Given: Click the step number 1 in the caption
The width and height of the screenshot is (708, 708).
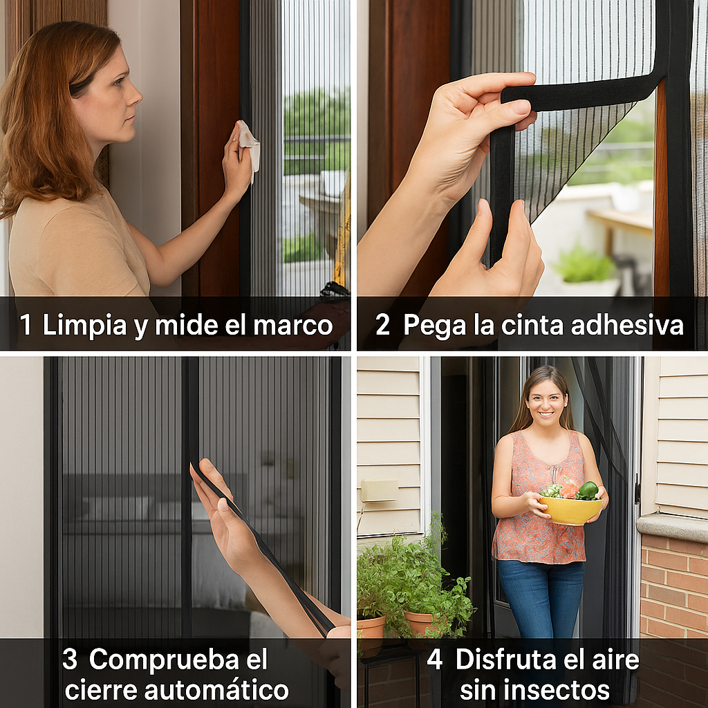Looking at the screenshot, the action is tap(26, 324).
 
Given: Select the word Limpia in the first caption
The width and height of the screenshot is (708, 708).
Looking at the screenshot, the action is tap(84, 326).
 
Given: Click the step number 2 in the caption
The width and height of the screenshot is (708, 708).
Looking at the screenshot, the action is tap(382, 325).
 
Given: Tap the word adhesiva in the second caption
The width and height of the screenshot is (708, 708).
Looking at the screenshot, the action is tap(627, 324).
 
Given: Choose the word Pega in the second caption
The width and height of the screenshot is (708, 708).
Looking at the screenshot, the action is tap(434, 326).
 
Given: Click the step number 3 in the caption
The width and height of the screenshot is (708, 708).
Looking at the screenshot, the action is tap(70, 659).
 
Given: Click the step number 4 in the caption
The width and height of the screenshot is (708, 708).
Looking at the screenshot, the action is tap(434, 659).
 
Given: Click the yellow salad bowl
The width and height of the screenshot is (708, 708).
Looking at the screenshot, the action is tap(570, 510).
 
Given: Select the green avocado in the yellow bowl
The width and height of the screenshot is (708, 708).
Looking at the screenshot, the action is tap(588, 490).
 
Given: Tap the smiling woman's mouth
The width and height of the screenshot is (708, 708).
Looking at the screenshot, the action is tap(546, 413).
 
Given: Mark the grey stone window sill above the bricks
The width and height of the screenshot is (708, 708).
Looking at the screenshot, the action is tap(672, 527).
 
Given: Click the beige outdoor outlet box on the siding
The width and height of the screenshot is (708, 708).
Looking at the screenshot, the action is tap(379, 490).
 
